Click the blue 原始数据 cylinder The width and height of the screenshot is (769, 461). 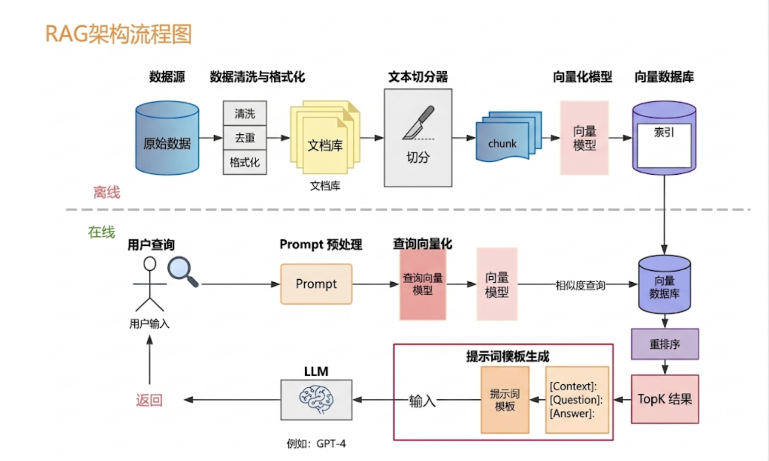click(x=167, y=138)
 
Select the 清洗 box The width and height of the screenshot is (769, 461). click(x=245, y=113)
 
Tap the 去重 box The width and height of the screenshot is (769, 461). click(x=245, y=137)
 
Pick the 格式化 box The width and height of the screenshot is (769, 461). click(x=245, y=162)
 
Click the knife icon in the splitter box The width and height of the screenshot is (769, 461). click(x=419, y=123)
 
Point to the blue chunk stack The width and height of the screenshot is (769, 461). click(x=509, y=136)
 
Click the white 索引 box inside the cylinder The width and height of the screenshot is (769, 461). click(x=664, y=145)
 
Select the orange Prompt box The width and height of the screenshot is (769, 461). click(x=316, y=284)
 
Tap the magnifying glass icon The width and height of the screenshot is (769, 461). click(x=183, y=272)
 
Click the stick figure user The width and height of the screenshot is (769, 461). click(x=150, y=284)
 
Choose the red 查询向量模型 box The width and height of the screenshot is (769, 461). click(x=422, y=284)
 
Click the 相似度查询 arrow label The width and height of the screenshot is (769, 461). click(x=580, y=285)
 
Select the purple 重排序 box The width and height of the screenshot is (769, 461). click(x=664, y=344)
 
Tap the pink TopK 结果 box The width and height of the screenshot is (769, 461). click(x=664, y=399)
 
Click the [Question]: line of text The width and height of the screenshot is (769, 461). click(x=576, y=400)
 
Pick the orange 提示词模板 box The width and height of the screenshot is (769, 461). click(x=505, y=400)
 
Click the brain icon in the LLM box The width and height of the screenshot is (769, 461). click(x=316, y=399)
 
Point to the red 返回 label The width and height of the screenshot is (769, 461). click(x=149, y=400)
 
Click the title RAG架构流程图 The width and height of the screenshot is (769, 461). click(x=118, y=34)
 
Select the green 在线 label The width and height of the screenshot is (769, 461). click(x=101, y=232)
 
